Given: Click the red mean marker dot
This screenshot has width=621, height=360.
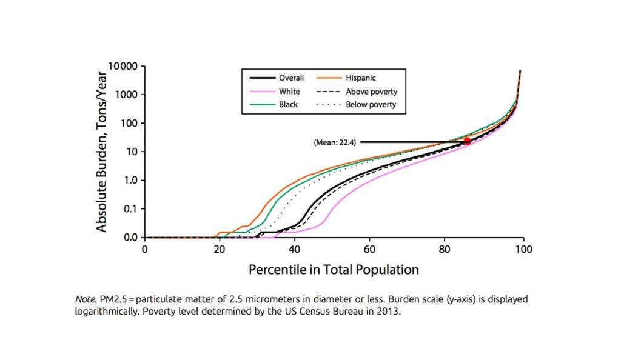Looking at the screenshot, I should pos(468,141).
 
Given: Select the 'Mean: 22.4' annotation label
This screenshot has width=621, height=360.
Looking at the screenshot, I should pos(335,142).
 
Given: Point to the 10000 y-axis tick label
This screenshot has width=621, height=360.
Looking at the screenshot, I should pos(123,65).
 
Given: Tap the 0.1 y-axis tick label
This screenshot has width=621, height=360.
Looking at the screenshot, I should pos(131,208).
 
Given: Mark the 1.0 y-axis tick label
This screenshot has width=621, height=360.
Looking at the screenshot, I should pos(131,180).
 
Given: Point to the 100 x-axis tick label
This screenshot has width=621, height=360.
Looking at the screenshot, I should pos(523,248).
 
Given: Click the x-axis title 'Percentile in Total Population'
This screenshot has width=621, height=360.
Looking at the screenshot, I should pos(334,270).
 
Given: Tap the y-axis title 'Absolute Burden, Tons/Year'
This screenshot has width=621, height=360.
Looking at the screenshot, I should pos(102,152).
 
